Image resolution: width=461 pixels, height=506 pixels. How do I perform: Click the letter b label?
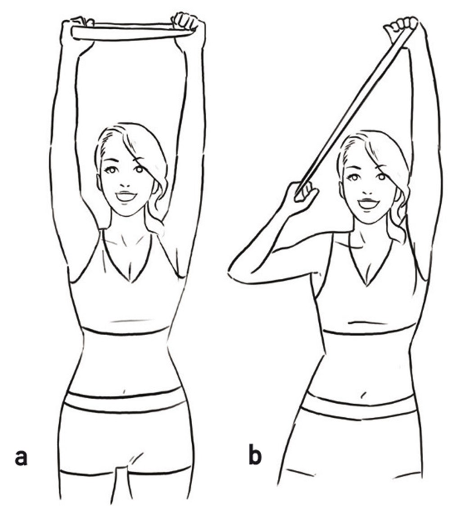254,456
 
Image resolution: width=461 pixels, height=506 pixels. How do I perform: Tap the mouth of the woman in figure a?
127,196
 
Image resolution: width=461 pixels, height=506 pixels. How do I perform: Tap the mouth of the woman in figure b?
368,203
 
